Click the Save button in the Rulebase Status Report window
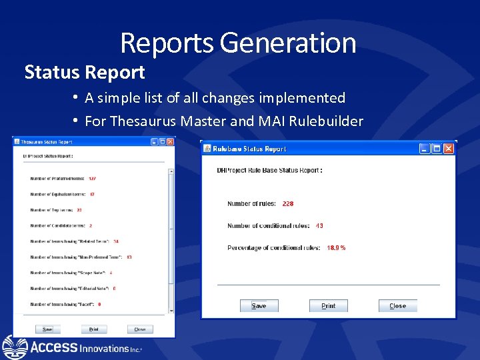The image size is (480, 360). (x=259, y=306)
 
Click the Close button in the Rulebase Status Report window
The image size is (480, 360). (x=397, y=306)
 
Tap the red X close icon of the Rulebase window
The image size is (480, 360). (x=448, y=149)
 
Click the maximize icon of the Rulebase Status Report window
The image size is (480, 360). (x=437, y=149)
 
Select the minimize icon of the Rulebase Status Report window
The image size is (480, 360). (x=425, y=149)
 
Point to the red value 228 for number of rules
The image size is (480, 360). (x=288, y=203)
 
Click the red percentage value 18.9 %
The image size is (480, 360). (x=336, y=248)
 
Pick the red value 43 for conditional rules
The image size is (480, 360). (x=319, y=226)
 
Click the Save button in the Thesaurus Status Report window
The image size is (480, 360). (x=47, y=329)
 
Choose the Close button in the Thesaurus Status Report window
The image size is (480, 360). (x=140, y=329)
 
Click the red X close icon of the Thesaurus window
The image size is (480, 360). (x=171, y=141)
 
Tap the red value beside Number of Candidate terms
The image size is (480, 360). (x=91, y=226)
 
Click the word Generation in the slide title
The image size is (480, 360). (x=287, y=43)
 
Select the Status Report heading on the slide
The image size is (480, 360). (x=85, y=72)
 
